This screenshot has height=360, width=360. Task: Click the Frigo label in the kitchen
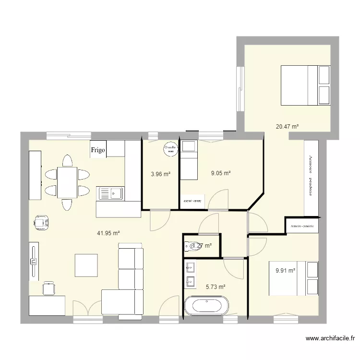tap(98, 150)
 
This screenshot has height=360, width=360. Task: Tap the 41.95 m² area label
tap(108, 233)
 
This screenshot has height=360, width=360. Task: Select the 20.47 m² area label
tap(287, 127)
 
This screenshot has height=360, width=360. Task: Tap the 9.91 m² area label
tap(285, 270)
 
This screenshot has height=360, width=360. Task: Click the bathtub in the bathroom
tap(204, 306)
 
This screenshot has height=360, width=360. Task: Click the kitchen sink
tap(110, 193)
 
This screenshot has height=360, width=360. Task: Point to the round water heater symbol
tap(169, 149)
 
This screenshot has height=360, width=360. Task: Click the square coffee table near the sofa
tap(86, 265)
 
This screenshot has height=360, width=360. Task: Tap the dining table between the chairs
tap(66, 182)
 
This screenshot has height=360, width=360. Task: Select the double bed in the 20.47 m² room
tap(306, 85)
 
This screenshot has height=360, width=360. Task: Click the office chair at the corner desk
tap(48, 288)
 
